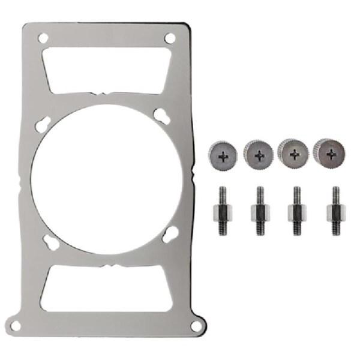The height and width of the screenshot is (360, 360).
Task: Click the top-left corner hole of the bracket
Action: point(42,38)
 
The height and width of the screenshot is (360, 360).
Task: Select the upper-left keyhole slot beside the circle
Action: point(44,122)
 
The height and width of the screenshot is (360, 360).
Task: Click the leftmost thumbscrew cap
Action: point(223,155)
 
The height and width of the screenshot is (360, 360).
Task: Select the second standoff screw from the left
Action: point(259,211)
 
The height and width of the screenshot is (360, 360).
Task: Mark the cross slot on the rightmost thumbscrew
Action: point(331,153)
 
